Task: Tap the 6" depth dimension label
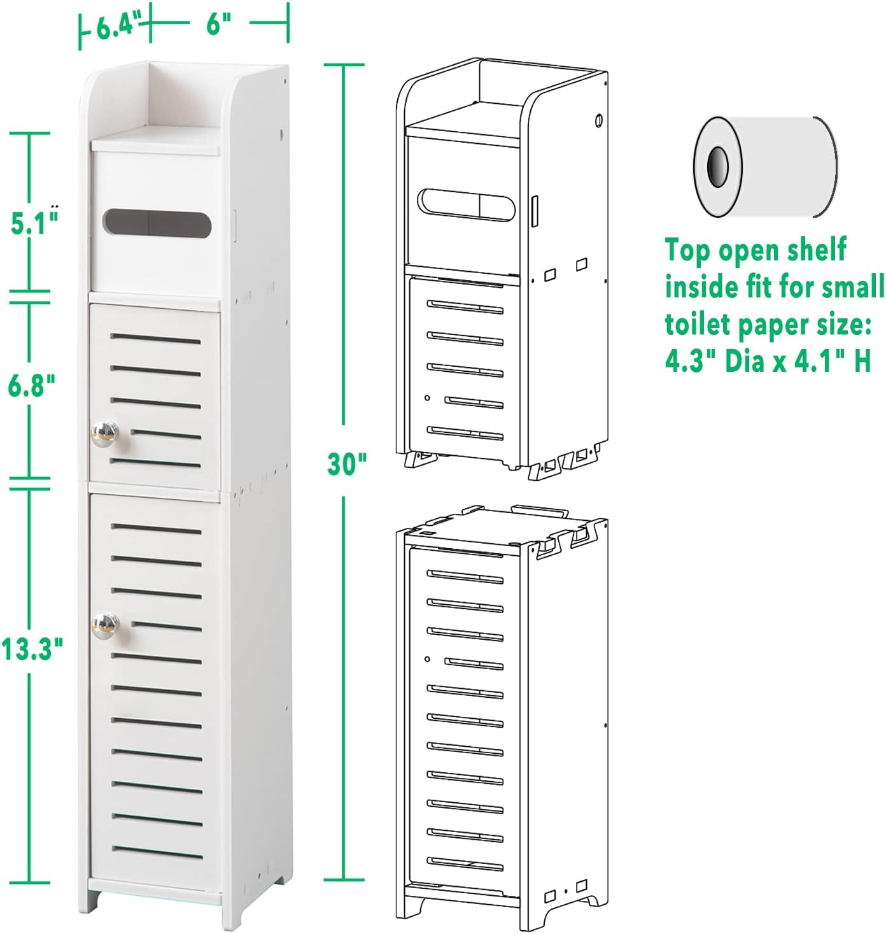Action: pos(218,25)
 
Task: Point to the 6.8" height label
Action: pos(31,385)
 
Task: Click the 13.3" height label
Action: pos(31,649)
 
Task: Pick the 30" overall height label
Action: pos(347,463)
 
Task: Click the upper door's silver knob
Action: pos(105,434)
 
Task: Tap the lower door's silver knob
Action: pos(105,626)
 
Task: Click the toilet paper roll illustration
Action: pos(764,167)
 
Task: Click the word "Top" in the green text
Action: pos(688,251)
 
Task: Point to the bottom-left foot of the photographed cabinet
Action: pos(96,901)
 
